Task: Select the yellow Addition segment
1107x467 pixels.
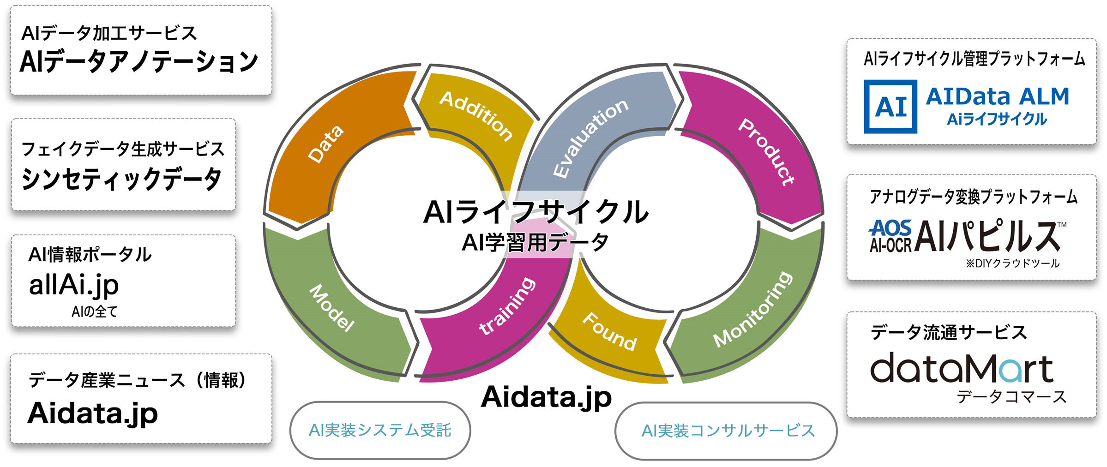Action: pyautogui.click(x=475, y=115)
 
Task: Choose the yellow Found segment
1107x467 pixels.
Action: pyautogui.click(x=609, y=337)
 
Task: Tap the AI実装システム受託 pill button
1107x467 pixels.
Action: pyautogui.click(x=380, y=430)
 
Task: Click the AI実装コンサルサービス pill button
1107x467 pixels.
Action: pyautogui.click(x=726, y=431)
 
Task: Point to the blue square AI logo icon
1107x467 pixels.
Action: pyautogui.click(x=890, y=107)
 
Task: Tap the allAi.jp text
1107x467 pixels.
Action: pyautogui.click(x=74, y=285)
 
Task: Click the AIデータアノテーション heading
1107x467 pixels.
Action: pyautogui.click(x=138, y=62)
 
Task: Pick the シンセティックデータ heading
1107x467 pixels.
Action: pyautogui.click(x=122, y=179)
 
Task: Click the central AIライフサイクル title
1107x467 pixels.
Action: pyautogui.click(x=535, y=212)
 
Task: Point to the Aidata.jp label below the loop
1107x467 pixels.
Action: pyautogui.click(x=546, y=397)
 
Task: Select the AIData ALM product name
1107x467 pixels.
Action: pyautogui.click(x=997, y=97)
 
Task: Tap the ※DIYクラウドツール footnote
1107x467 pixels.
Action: pyautogui.click(x=1012, y=263)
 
